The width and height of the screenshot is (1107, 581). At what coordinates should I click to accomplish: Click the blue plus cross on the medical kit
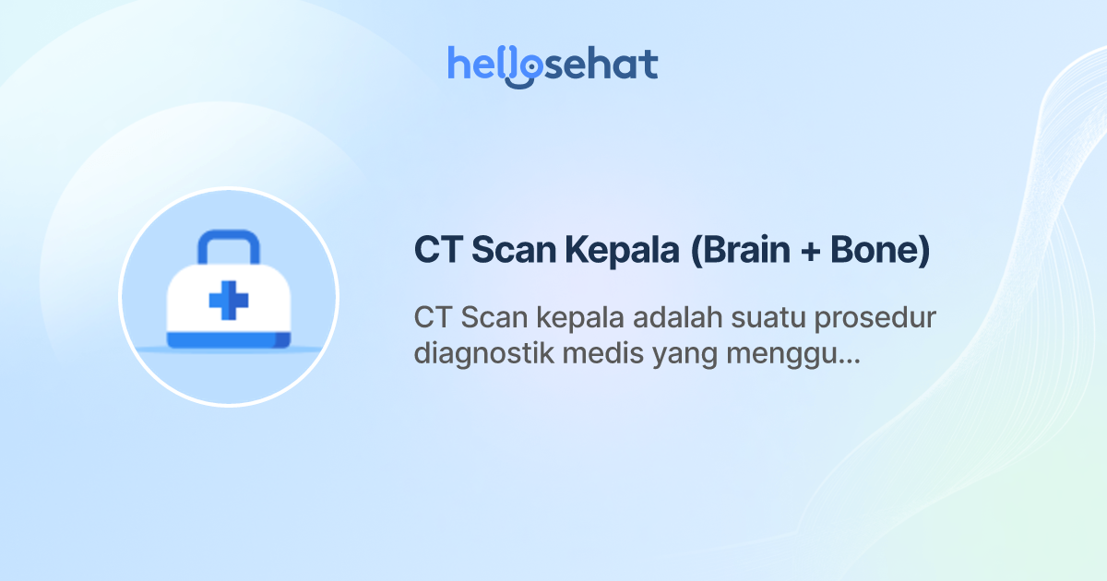click(x=229, y=302)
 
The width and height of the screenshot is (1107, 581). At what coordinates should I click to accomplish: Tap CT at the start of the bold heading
click(x=437, y=251)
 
